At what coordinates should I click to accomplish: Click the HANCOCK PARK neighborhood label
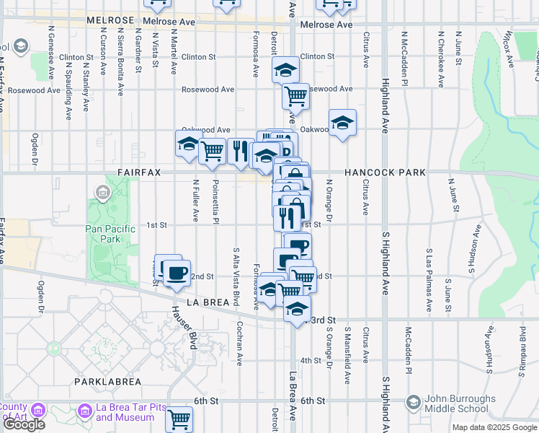pos(385,172)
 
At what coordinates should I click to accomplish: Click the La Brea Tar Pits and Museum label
pos(125,412)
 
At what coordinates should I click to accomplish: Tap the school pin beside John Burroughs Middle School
pos(413,401)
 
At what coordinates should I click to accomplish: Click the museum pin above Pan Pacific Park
pos(102,193)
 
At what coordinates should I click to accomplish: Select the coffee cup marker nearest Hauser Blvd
pos(177,274)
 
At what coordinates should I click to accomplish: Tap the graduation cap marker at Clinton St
pos(285,70)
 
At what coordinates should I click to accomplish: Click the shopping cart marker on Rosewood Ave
pos(295,95)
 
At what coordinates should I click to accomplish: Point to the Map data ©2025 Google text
pos(494,427)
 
